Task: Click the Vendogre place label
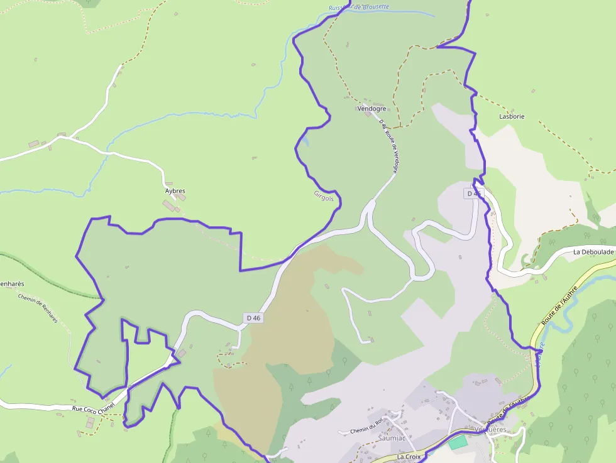click(371, 108)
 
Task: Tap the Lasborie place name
click(511, 116)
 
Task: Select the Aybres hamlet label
click(175, 190)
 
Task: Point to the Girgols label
click(327, 196)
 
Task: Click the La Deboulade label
click(593, 252)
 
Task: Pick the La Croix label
click(409, 457)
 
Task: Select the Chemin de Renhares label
click(38, 308)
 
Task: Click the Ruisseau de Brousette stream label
click(358, 8)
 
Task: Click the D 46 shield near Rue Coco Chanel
click(254, 318)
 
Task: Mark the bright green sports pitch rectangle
click(458, 442)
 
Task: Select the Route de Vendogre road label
click(389, 147)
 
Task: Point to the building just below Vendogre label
click(369, 114)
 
